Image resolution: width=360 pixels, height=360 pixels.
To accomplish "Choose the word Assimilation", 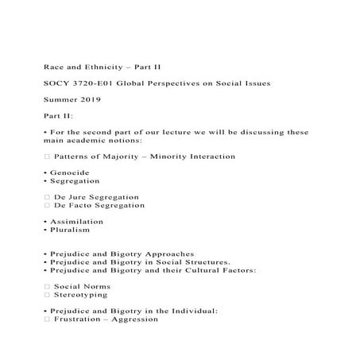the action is pos(76,221).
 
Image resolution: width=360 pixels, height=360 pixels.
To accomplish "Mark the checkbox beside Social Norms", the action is pos(47,286).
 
